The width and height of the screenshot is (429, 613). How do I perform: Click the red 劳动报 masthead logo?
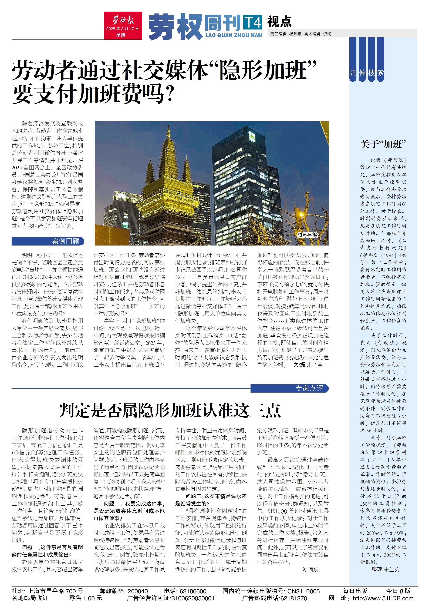point(123,25)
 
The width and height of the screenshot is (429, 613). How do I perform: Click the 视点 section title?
point(279,22)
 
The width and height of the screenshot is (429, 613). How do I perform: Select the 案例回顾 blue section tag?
point(48,241)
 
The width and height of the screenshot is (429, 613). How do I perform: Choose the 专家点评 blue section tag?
point(289,388)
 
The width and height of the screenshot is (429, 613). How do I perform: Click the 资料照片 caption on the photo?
point(308,235)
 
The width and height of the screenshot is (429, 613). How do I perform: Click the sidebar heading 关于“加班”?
point(383,144)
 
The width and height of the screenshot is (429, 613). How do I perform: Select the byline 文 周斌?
point(310,569)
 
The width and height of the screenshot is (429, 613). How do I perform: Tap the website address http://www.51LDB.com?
point(383,598)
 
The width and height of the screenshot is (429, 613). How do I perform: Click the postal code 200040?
point(138,591)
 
